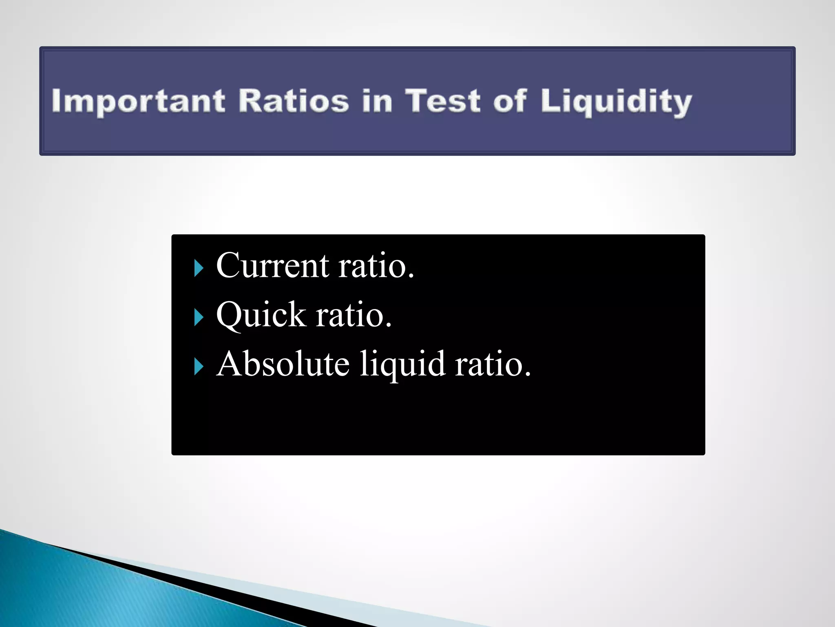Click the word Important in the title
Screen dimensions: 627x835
(138, 102)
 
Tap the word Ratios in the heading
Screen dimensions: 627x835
(294, 101)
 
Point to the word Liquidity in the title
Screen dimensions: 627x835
(616, 102)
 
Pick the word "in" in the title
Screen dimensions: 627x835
(377, 101)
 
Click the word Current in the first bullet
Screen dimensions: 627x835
(272, 266)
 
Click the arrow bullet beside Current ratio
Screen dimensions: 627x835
(199, 269)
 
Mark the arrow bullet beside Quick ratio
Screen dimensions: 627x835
(199, 318)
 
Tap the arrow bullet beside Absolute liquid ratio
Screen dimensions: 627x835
(199, 367)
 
